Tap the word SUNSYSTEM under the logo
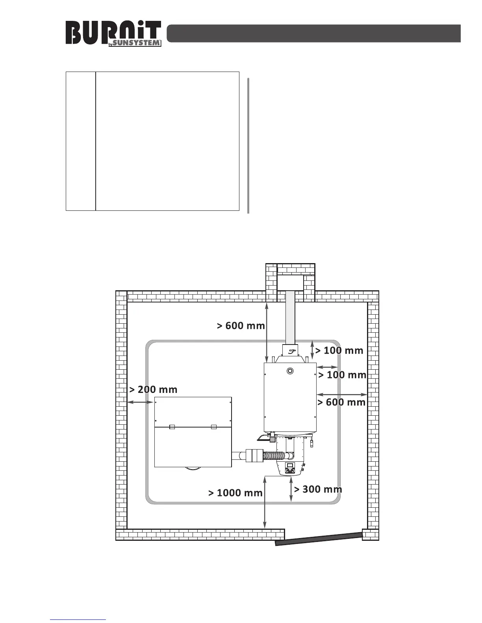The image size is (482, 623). [x=137, y=43]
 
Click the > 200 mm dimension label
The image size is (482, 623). [x=153, y=390]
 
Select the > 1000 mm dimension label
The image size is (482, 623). [x=235, y=493]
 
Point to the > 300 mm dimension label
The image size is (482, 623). [x=318, y=489]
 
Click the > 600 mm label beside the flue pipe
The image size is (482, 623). [x=241, y=326]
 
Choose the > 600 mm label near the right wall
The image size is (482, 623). [x=341, y=402]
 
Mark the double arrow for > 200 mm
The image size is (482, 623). [x=141, y=402]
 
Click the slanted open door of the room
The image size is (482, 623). [x=319, y=538]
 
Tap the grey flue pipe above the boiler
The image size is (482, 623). [x=290, y=317]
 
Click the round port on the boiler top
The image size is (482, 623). [x=290, y=370]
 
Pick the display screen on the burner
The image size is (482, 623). [x=290, y=465]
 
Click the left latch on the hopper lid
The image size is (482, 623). [x=172, y=427]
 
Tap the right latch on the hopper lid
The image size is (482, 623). [x=214, y=427]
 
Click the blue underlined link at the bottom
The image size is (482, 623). [x=78, y=620]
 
